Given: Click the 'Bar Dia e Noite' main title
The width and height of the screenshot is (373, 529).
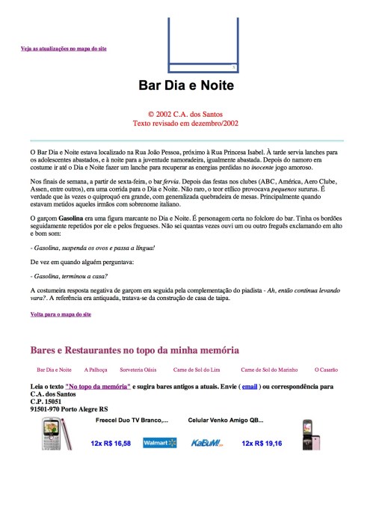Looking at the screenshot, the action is (x=186, y=86).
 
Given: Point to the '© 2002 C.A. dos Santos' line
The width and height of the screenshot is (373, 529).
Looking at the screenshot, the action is (x=186, y=114).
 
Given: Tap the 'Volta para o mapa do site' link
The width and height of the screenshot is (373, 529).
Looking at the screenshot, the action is (x=61, y=314).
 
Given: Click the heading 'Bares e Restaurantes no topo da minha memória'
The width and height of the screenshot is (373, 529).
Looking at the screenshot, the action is (x=135, y=349).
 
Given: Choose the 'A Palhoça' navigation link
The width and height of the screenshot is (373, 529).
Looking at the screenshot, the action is (x=96, y=370).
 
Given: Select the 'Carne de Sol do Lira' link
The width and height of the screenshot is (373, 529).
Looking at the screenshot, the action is (x=196, y=370).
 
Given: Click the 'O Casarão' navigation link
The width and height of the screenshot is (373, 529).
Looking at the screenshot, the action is (x=326, y=370).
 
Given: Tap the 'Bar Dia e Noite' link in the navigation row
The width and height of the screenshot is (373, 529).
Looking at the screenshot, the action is (x=54, y=370).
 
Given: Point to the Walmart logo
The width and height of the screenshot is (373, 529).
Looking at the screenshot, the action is (x=159, y=444).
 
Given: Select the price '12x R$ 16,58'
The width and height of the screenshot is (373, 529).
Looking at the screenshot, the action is (x=111, y=444).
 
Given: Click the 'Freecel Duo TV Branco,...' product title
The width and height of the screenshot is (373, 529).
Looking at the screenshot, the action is (x=132, y=421).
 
